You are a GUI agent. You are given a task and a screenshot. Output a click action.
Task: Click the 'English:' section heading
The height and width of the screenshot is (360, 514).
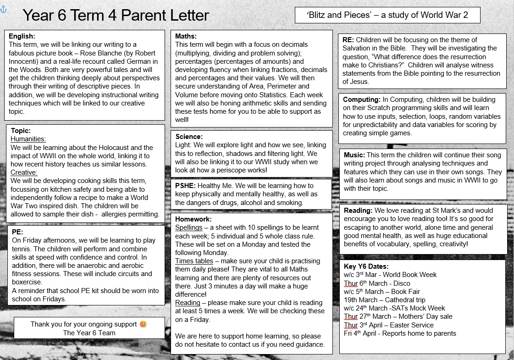[x=22, y=36]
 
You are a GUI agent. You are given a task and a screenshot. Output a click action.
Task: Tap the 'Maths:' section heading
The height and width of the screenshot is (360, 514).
[x=186, y=36]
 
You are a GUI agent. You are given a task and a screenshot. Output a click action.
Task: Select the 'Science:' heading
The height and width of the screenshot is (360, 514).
[x=189, y=136]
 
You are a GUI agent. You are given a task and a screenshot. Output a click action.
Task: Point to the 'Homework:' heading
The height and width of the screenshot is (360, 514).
[x=193, y=219]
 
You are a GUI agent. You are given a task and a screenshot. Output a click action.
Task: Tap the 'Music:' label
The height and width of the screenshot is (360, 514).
[x=354, y=155]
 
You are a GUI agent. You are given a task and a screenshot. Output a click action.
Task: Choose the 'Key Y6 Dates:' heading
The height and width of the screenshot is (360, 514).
[x=366, y=266]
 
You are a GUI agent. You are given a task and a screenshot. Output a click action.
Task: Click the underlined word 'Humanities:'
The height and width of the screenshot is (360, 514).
[x=28, y=139]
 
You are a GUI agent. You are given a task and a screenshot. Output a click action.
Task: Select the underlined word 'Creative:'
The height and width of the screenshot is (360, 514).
[x=24, y=172]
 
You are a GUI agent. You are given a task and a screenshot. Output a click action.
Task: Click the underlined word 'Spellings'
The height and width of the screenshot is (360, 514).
[x=188, y=227]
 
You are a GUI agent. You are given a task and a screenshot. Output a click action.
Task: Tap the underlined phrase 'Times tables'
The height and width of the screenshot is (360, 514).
[x=194, y=261]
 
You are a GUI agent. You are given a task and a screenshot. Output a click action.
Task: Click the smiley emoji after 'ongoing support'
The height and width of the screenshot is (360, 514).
[x=144, y=324]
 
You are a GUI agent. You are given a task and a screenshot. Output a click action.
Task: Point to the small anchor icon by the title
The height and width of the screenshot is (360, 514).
[x=4, y=9]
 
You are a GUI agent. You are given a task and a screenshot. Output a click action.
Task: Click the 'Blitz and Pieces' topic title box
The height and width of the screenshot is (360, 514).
[x=387, y=15]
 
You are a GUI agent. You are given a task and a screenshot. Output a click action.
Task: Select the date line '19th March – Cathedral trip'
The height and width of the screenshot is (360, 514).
[x=385, y=300]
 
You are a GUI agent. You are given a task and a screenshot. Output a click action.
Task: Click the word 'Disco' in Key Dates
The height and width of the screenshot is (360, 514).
[x=402, y=283]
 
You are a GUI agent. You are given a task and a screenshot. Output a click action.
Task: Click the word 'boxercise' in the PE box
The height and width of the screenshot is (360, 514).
[x=27, y=282]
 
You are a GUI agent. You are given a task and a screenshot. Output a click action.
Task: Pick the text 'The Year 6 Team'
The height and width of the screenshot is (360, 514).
[x=89, y=333]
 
